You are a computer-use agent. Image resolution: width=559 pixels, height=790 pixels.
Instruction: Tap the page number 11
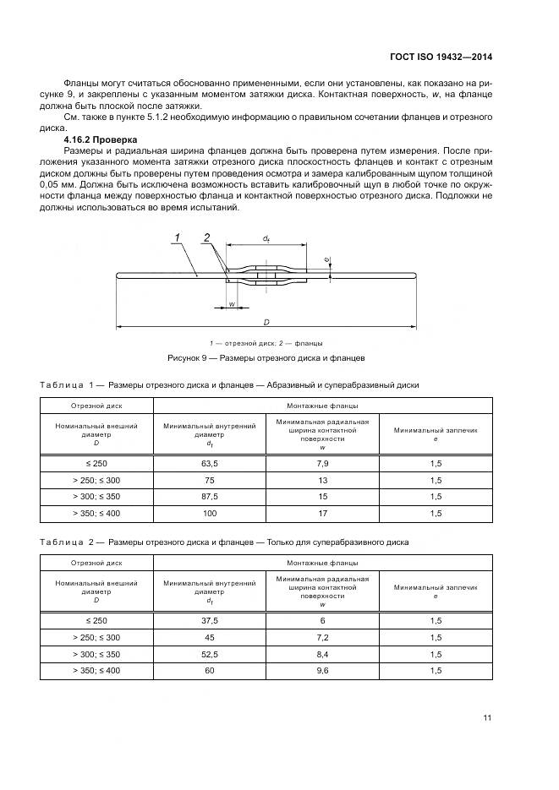[487, 718]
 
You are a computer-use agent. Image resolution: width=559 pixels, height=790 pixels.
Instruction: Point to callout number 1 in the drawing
[178, 237]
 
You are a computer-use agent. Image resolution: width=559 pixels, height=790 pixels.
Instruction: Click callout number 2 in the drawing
[206, 237]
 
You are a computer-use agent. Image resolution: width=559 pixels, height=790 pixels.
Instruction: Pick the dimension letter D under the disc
[266, 323]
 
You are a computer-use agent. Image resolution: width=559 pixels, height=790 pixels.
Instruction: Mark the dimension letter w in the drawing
[231, 304]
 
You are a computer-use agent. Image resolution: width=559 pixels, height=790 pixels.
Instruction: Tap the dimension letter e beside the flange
[326, 259]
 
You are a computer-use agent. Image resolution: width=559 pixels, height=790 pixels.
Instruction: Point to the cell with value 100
[210, 514]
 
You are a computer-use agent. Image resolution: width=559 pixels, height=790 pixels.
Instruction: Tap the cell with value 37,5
[210, 621]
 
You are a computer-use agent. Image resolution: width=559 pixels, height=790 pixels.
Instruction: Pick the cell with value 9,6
[323, 670]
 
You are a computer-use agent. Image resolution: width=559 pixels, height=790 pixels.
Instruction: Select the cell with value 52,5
[210, 654]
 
